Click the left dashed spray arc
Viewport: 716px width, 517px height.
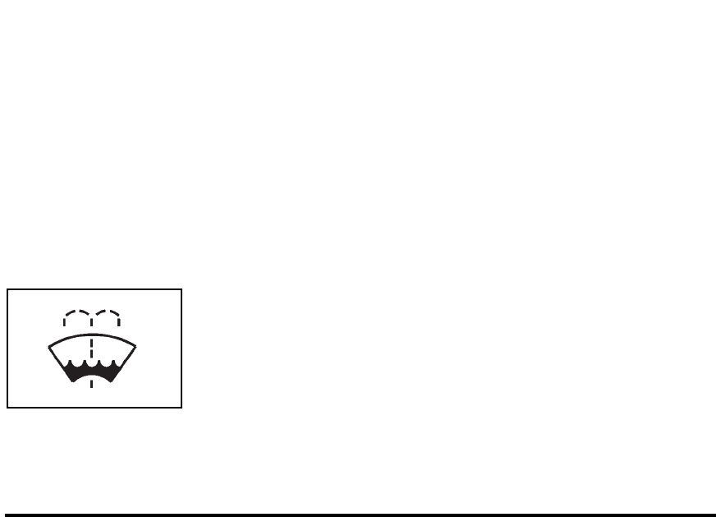click(76, 312)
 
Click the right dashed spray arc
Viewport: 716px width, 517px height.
click(107, 312)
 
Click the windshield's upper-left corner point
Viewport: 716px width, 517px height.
click(48, 345)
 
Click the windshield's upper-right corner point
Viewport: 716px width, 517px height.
click(135, 345)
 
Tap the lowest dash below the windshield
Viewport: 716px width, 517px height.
click(91, 383)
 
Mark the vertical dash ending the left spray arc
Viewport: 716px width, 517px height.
click(64, 321)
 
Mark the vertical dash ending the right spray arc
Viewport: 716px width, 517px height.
click(120, 321)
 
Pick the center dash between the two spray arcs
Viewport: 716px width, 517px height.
click(91, 320)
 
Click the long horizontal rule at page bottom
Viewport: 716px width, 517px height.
click(358, 515)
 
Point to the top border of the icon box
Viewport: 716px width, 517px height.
click(94, 289)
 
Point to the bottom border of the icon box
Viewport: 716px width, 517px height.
click(94, 407)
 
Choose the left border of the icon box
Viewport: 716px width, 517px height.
click(7, 348)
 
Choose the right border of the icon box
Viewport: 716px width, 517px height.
click(181, 348)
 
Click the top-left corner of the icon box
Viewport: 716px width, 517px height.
click(7, 289)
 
